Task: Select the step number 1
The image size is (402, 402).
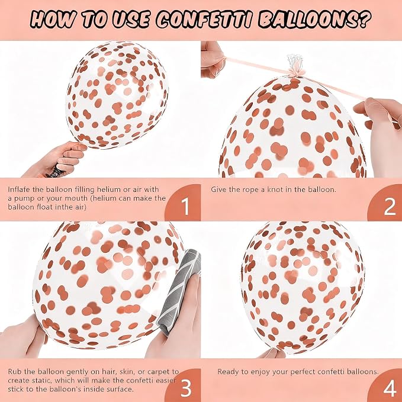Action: click(x=185, y=207)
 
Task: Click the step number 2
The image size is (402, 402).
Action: click(x=390, y=207)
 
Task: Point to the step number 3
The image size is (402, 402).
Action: click(x=186, y=388)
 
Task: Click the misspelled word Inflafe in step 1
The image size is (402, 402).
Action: click(x=19, y=189)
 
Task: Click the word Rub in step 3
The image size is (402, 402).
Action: click(x=14, y=371)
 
